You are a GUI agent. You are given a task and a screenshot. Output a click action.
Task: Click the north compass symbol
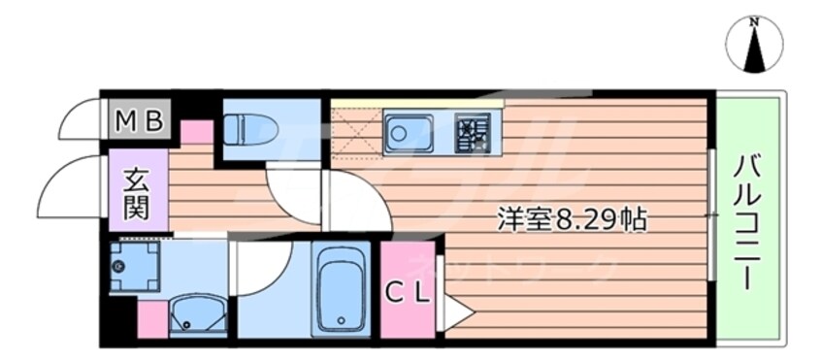pos(754,45)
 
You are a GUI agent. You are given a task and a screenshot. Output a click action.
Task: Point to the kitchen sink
pos(408,134)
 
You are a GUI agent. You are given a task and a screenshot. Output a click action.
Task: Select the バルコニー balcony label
pos(747,221)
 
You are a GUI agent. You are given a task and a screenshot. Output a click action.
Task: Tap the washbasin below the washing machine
pos(198,317)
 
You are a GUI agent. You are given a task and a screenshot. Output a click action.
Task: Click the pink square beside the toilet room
pos(197,131)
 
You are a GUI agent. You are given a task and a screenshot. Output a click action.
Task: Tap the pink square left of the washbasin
pos(151,319)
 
